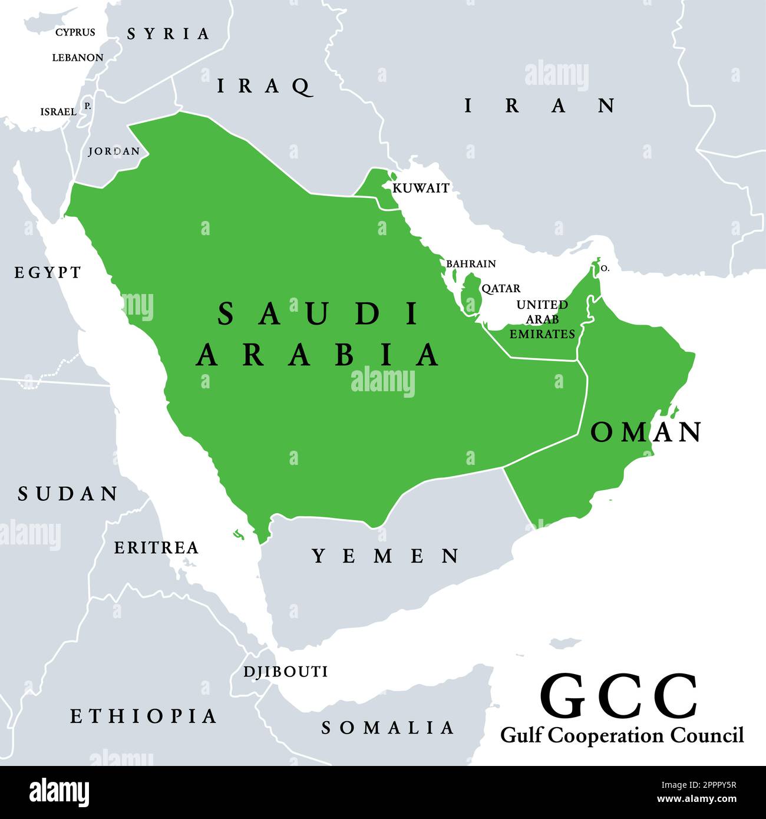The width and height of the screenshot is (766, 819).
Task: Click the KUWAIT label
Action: tap(421, 188)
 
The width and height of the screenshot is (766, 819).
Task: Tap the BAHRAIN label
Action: tap(471, 263)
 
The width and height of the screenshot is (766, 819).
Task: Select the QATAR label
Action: tap(501, 288)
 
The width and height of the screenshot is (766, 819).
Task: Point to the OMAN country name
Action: tap(646, 432)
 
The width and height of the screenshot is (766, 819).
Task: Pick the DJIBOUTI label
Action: tap(286, 672)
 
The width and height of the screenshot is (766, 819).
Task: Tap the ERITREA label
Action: tap(156, 547)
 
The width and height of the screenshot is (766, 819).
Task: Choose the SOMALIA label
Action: tap(388, 728)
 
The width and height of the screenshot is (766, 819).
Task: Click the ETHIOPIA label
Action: tap(144, 716)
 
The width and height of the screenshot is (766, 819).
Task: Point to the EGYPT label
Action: tap(48, 272)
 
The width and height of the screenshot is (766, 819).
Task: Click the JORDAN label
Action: tap(114, 151)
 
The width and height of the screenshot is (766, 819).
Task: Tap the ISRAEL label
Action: tap(58, 111)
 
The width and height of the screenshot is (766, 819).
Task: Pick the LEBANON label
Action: tap(78, 58)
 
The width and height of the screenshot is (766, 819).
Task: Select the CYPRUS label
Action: tap(75, 32)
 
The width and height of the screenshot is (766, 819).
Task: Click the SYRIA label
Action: tap(169, 34)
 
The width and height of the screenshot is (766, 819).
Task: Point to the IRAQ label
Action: tap(264, 87)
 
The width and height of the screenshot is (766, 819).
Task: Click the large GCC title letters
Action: tap(619, 697)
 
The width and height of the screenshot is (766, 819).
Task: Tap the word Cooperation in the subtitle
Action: tap(613, 735)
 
